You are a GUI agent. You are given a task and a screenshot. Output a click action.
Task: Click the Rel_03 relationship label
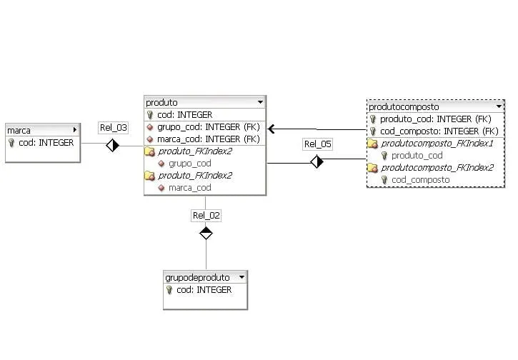click(x=113, y=128)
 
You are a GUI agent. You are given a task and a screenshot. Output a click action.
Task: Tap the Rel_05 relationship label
click(x=318, y=144)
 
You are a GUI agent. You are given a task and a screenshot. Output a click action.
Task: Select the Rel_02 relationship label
click(x=206, y=215)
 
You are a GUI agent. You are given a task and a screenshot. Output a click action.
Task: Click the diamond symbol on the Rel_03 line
click(x=112, y=145)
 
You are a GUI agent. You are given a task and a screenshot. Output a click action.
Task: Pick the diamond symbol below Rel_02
click(x=206, y=232)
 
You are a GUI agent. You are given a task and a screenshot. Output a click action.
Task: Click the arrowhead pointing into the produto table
click(x=272, y=129)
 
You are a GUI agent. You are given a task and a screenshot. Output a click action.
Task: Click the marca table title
click(x=19, y=131)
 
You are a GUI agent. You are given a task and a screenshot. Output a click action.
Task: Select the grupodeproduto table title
click(x=197, y=277)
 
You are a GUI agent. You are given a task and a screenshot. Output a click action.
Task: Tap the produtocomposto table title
click(x=404, y=106)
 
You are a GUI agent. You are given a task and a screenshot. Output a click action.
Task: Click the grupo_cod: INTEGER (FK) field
click(x=209, y=127)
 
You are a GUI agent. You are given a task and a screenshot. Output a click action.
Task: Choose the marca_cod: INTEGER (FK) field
click(x=209, y=139)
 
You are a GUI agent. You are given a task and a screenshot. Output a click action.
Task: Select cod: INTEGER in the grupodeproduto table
click(x=204, y=290)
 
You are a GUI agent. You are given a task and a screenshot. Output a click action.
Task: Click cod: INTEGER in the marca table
click(x=46, y=143)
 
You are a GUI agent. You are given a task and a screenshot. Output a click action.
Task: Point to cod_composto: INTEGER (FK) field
click(x=439, y=131)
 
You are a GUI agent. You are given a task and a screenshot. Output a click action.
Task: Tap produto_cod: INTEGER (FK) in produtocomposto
click(x=435, y=119)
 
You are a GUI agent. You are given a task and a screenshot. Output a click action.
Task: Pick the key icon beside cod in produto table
click(x=149, y=115)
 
